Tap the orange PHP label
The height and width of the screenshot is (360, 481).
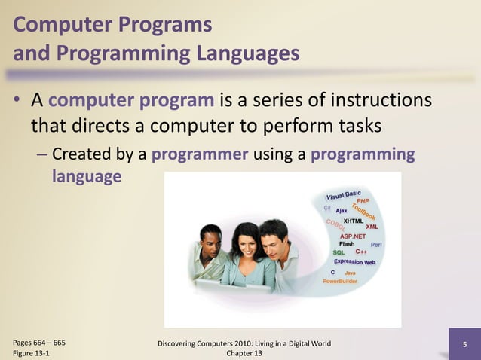pyautogui.click(x=363, y=201)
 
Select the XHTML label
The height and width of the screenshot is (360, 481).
pyautogui.click(x=354, y=221)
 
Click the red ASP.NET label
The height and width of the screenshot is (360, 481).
pyautogui.click(x=353, y=236)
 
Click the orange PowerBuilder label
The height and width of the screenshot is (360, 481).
pyautogui.click(x=340, y=280)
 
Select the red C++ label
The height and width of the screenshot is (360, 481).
pyautogui.click(x=361, y=252)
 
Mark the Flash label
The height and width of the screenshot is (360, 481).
pyautogui.click(x=347, y=244)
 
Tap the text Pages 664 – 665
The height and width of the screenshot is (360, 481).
pyautogui.click(x=38, y=343)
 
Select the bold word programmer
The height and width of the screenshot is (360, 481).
pyautogui.click(x=200, y=155)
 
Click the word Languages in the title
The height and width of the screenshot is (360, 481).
pyautogui.click(x=241, y=53)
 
